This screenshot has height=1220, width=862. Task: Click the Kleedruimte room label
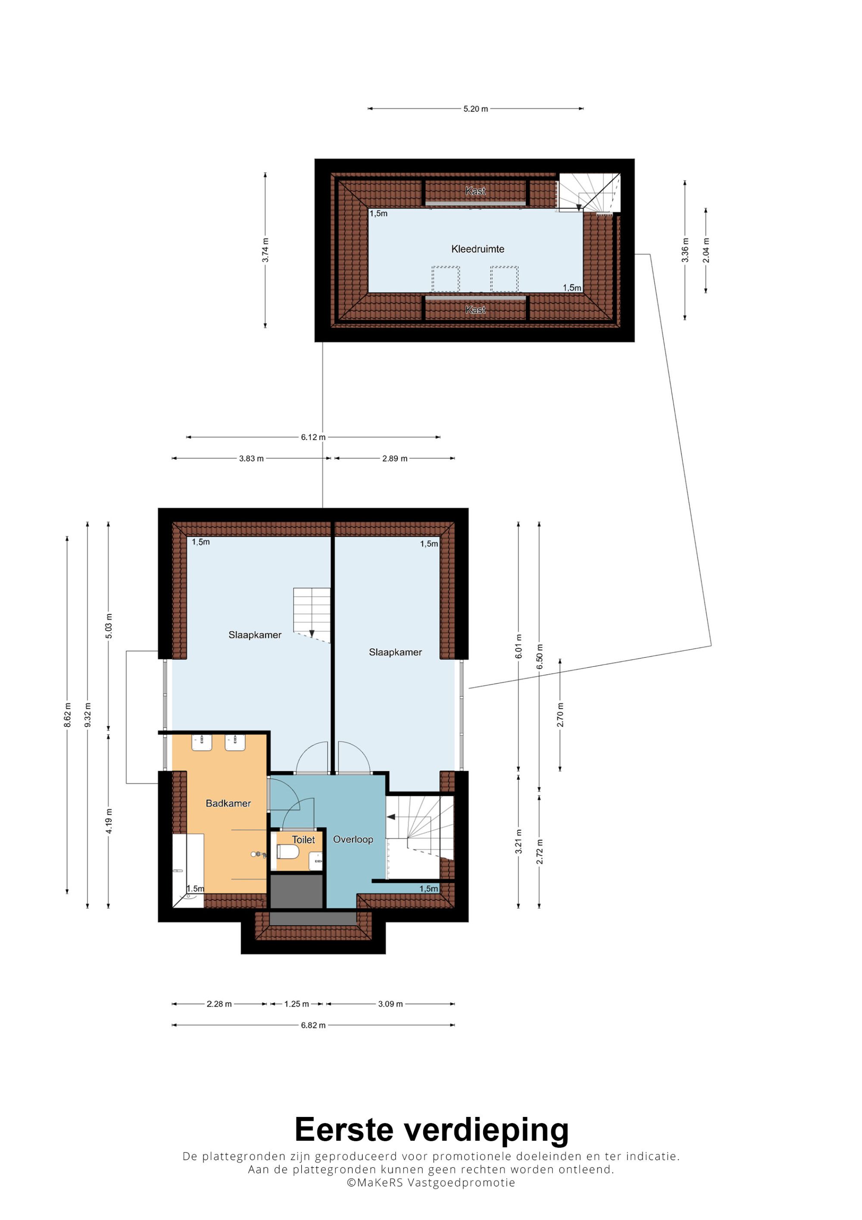pos(478,249)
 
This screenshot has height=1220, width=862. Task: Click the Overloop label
pos(353,839)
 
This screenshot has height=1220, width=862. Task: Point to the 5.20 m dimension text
pos(475,109)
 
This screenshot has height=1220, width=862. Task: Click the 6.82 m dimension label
pos(313,1025)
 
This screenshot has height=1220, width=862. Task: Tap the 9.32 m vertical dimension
pos(87,715)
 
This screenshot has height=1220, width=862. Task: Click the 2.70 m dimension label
pos(560,715)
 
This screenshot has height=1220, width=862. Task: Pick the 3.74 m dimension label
pos(265,250)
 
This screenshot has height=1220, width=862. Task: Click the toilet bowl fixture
pos(287,852)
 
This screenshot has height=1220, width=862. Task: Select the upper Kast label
pos(475,191)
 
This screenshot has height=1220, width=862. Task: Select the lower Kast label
pos(475,310)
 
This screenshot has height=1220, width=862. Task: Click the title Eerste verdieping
pos(431,1129)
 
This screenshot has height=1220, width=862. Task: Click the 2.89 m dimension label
pos(395,459)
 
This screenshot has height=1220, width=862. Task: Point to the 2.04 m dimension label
pos(706,250)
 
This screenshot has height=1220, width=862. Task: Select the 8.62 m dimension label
pos(67,715)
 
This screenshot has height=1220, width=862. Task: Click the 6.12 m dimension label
pos(313,437)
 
